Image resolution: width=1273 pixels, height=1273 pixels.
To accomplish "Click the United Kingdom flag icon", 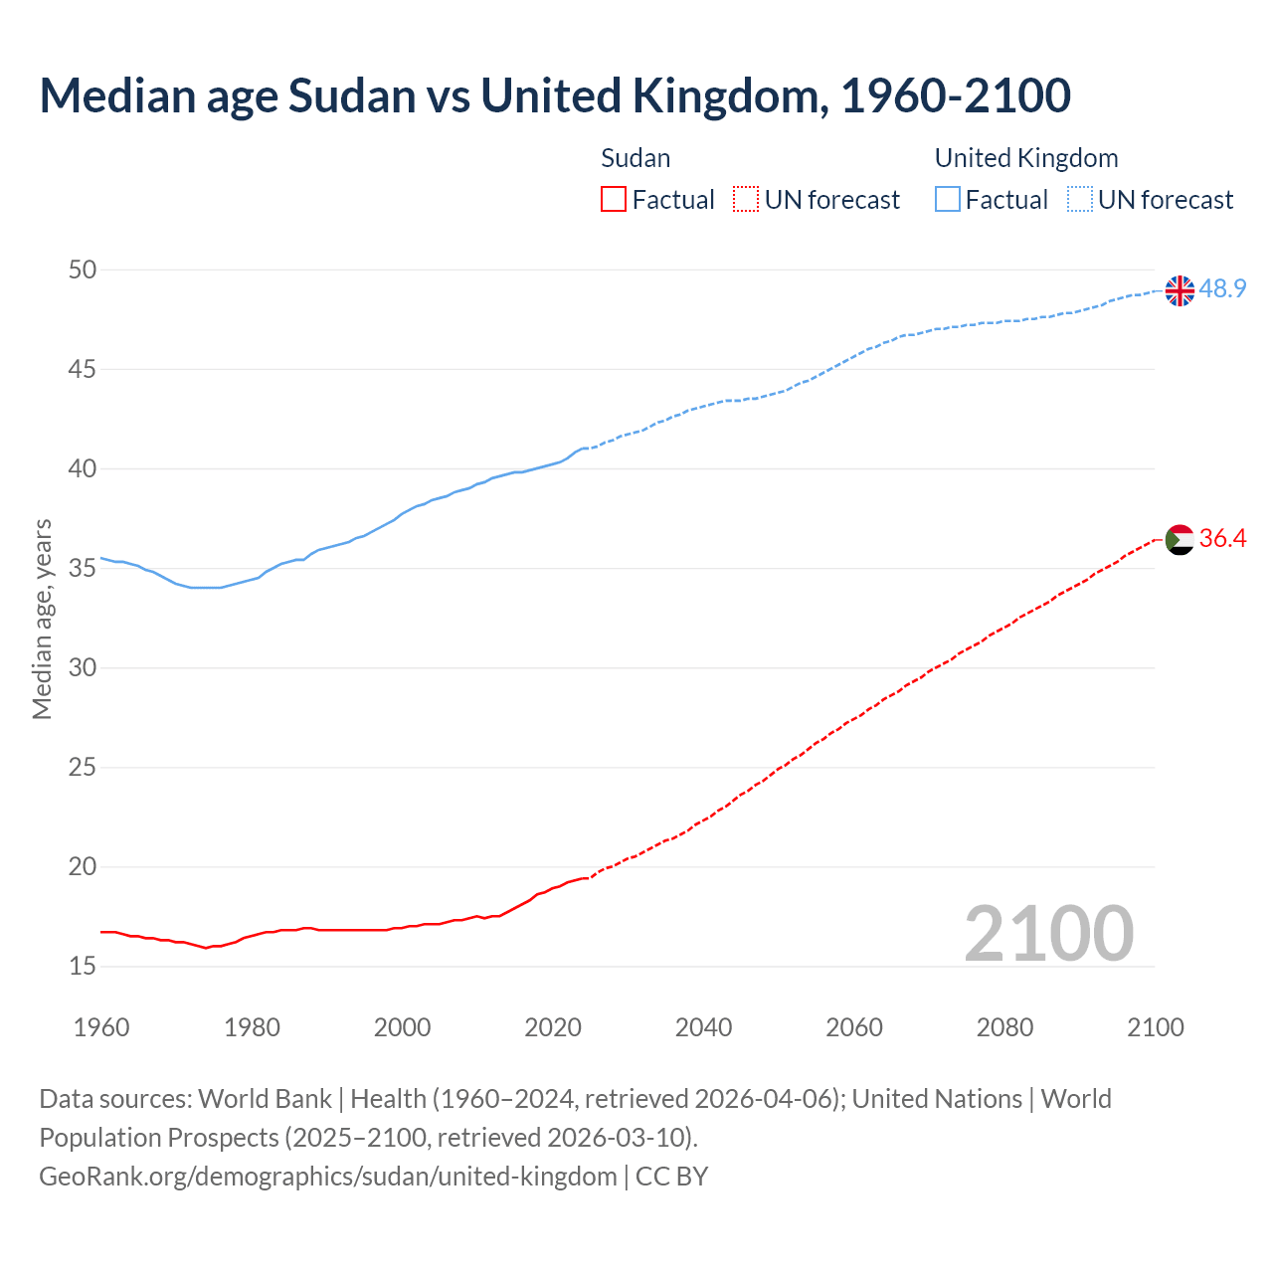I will pos(1180,290).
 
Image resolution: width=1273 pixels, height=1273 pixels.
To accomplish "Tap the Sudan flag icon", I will pos(1180,540).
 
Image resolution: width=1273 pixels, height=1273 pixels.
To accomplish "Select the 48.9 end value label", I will pos(1222,289).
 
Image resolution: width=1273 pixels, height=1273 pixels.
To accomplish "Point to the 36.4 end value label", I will pos(1222,539).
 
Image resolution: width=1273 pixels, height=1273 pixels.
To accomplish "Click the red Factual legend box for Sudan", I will pos(614,200).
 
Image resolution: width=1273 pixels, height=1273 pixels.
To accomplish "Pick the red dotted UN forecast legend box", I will pos(746,200).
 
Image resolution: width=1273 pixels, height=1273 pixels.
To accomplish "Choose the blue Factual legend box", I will pos(947,200).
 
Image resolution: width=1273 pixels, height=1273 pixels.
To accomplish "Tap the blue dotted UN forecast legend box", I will pos(1079,200).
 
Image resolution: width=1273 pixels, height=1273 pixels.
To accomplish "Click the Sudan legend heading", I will pos(636,158).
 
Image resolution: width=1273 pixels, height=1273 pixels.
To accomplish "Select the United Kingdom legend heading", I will pos(1025,158).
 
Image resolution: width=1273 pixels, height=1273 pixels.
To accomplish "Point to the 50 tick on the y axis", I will pos(83,270).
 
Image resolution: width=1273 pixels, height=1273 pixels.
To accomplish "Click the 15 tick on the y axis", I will pos(83,966).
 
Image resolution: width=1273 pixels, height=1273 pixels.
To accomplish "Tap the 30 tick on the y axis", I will pos(83,667).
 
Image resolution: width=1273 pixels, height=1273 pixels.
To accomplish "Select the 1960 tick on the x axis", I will pos(101,1027).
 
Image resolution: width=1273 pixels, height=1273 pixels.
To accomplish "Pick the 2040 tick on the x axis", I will pos(703,1027).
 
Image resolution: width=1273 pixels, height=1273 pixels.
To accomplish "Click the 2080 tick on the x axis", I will pos(1004,1027).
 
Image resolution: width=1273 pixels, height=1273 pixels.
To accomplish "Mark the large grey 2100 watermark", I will pos(1048,933).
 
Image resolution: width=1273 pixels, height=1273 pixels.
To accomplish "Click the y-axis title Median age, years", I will pos(42,619).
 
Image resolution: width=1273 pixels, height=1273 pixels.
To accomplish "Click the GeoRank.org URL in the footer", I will pos(327,1177).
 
